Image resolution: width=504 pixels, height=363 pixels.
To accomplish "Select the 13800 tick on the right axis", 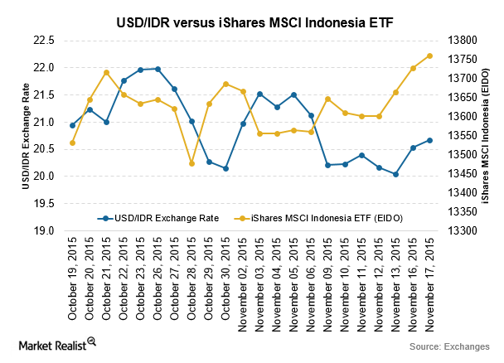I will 463,40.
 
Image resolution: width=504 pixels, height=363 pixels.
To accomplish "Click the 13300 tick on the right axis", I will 463,230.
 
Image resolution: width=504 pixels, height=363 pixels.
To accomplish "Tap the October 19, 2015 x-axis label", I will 73,271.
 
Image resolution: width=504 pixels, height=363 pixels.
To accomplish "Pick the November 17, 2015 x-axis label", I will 430,271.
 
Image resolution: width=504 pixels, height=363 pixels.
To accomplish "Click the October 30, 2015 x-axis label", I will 226,271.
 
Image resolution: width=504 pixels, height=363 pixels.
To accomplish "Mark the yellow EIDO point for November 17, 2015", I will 430,56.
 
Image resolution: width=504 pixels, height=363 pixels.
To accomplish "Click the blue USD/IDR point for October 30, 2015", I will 226,168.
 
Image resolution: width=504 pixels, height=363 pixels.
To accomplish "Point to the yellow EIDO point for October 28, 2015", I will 191,163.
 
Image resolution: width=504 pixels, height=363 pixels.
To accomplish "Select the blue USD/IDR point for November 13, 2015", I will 396,174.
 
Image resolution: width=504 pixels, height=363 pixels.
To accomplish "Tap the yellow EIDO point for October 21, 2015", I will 107,72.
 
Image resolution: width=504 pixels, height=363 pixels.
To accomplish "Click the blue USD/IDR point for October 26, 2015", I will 157,69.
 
